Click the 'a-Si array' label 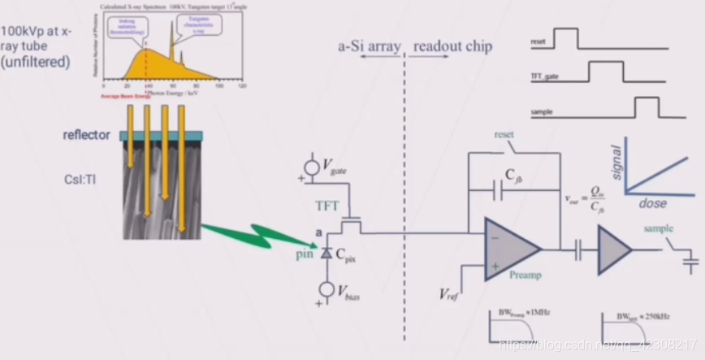click(x=369, y=47)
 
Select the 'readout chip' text click(x=452, y=47)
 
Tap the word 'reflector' click(x=86, y=135)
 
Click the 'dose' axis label click(x=652, y=202)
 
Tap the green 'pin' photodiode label click(x=302, y=254)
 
